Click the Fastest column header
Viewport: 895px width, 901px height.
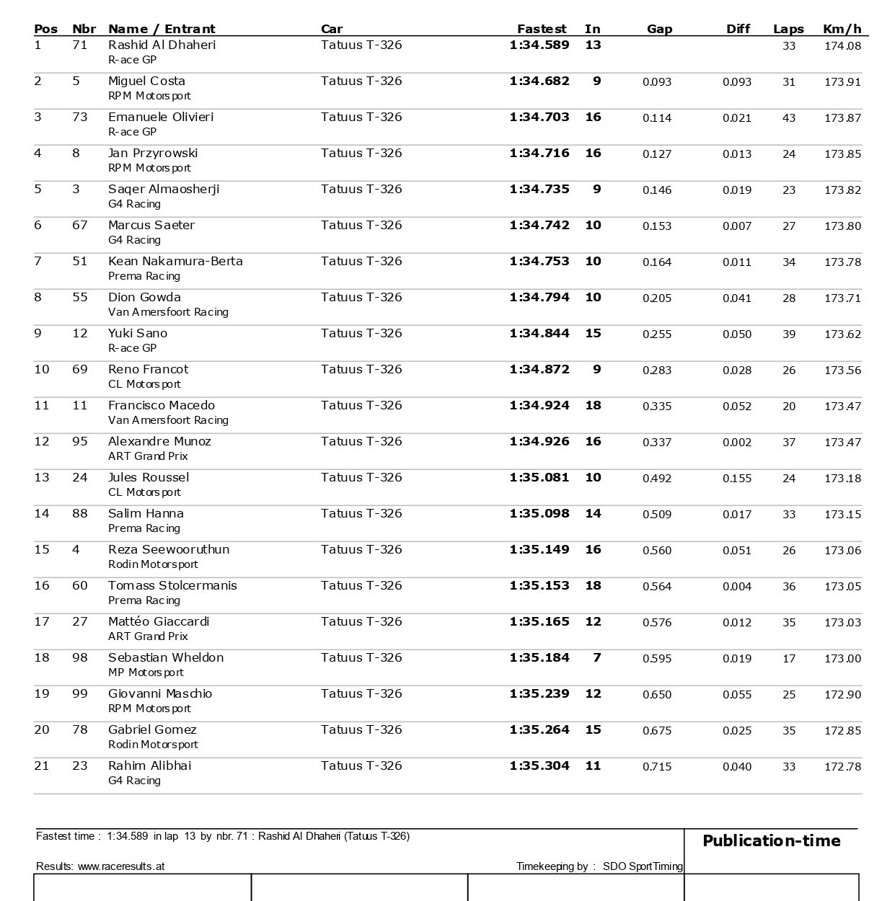541,29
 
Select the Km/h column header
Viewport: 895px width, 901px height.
842,29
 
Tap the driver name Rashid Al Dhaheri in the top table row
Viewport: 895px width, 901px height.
162,45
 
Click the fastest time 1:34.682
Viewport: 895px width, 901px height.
539,81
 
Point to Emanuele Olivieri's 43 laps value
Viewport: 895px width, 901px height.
789,118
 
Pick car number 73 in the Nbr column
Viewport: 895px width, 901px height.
79,117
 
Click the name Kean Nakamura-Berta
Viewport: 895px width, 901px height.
175,261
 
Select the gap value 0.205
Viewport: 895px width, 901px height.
656,298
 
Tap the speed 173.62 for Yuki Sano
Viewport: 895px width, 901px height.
842,334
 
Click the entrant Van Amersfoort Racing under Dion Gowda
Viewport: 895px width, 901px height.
168,312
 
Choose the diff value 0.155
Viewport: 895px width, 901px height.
736,479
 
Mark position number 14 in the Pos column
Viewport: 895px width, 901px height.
42,514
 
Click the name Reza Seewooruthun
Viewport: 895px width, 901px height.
169,549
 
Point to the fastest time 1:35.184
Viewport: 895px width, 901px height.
539,658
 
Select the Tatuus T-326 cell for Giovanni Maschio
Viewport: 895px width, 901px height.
361,694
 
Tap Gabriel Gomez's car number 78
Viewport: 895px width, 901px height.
79,730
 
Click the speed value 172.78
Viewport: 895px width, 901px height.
842,767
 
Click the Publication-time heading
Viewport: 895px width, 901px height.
771,841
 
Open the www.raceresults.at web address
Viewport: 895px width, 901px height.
121,866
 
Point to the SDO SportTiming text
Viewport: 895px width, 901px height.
643,866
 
